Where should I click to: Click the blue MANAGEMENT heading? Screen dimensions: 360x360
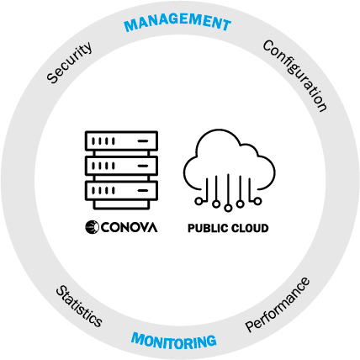[x=177, y=22]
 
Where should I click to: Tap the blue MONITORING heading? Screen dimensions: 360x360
[x=174, y=341]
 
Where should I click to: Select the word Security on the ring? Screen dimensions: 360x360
[x=69, y=62]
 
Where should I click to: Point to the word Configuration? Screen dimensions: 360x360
[x=295, y=76]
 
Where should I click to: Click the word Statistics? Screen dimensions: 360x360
[x=79, y=306]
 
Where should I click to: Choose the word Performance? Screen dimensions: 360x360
[x=278, y=304]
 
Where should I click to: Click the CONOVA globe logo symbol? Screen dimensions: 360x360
[x=92, y=227]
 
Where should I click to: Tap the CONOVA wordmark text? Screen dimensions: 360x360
[x=129, y=227]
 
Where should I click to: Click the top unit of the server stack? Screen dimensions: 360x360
[x=121, y=140]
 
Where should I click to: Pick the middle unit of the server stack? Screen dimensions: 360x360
[x=121, y=166]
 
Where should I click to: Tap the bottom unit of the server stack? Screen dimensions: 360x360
[x=121, y=191]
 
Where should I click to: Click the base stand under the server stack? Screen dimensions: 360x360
[x=121, y=204]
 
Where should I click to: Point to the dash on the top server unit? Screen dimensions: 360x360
[x=143, y=141]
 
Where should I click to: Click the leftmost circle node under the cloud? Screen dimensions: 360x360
[x=199, y=201]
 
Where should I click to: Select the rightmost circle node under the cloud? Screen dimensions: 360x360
[x=257, y=201]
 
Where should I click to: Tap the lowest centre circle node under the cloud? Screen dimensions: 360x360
[x=228, y=208]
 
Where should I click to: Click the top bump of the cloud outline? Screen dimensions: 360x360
[x=219, y=130]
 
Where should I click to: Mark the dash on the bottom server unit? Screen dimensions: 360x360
[x=143, y=191]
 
